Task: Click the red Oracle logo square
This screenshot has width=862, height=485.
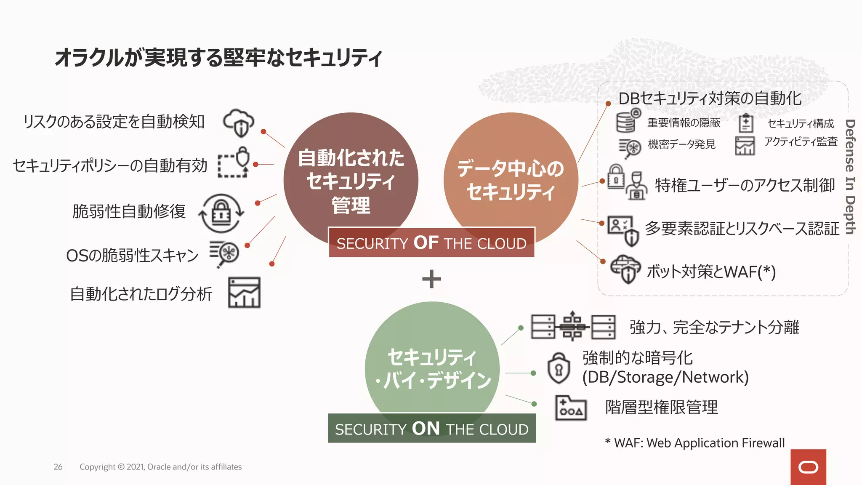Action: point(808,467)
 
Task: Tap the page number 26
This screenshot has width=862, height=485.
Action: point(58,467)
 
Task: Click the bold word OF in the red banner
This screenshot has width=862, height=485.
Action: point(426,242)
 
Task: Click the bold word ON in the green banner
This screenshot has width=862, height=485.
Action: point(426,429)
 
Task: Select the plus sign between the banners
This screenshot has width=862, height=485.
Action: point(431,279)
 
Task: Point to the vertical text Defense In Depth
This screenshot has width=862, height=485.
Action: point(850,177)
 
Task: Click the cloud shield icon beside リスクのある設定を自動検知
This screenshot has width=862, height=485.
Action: point(239,123)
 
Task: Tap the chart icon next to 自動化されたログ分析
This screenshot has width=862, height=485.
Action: point(244,293)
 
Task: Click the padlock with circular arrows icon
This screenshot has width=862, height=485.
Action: point(221,213)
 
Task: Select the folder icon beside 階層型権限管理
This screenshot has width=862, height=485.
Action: point(571,408)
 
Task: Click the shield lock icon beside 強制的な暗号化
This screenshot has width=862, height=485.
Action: point(559,368)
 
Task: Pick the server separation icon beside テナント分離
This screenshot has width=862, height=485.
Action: point(573,326)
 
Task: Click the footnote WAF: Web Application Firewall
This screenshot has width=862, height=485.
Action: point(694,443)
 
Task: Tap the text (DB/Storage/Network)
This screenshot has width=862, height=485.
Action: point(665,377)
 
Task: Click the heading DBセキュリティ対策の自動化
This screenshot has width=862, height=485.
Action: point(710,99)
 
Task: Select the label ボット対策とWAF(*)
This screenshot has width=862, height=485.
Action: point(711,272)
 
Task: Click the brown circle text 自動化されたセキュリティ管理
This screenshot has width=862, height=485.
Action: point(351,181)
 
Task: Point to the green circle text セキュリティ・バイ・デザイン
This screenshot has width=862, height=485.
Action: point(433,368)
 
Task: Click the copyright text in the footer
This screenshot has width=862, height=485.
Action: point(160,467)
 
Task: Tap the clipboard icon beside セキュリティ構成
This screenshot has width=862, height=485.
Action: point(746,123)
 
